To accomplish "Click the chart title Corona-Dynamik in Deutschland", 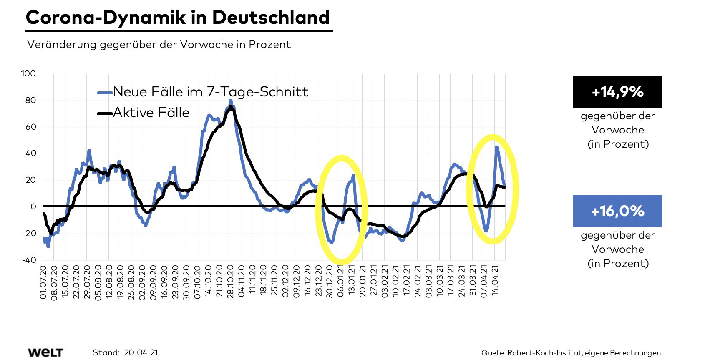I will click(178, 18).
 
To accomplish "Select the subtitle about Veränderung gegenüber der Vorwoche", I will click(159, 45).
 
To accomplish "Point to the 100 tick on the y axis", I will click(28, 74).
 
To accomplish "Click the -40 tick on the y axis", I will click(28, 260).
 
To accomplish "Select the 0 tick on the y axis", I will click(33, 206).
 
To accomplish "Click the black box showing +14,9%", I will click(617, 92).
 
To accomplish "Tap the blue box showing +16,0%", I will click(617, 211).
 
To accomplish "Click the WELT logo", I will click(45, 352).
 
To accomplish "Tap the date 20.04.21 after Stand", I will click(141, 352).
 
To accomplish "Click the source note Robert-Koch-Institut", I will click(544, 353).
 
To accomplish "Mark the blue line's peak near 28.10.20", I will click(231, 101).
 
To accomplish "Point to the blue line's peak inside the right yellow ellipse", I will click(496, 147).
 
